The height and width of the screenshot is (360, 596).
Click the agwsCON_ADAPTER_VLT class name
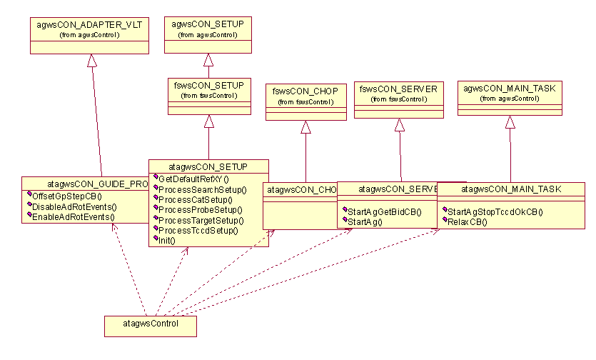(89, 25)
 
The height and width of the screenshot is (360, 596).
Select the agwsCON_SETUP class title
(208, 24)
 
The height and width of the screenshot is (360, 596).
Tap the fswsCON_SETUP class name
(209, 85)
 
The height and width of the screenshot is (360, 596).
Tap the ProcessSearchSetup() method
(202, 189)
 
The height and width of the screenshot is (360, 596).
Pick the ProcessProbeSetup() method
(201, 210)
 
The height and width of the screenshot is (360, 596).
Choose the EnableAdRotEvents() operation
(74, 217)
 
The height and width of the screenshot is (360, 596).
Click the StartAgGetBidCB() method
(384, 211)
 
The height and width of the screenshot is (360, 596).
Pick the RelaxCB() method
(468, 222)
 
